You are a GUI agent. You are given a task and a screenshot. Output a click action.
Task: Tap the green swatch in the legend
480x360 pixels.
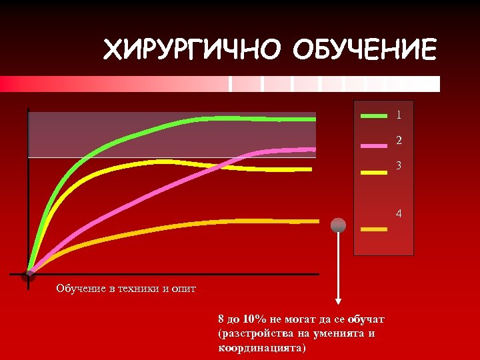pyautogui.click(x=373, y=115)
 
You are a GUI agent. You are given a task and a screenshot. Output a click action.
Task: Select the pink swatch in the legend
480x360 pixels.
pyautogui.click(x=373, y=144)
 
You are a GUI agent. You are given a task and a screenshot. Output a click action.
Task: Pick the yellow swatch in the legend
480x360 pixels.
pyautogui.click(x=373, y=172)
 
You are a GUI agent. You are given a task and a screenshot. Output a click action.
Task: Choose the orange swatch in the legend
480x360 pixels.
pyautogui.click(x=373, y=229)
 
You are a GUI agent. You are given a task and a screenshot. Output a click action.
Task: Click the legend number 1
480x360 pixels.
pyautogui.click(x=399, y=115)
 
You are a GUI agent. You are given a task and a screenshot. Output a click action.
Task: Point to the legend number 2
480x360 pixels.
pyautogui.click(x=399, y=141)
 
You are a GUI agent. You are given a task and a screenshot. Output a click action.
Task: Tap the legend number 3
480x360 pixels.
pyautogui.click(x=399, y=165)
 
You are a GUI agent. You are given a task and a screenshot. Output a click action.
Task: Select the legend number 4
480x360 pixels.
pyautogui.click(x=399, y=215)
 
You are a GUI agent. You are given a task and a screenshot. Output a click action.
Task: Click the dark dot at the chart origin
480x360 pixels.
pyautogui.click(x=27, y=275)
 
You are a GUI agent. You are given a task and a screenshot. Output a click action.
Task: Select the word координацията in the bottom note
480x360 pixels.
pyautogui.click(x=261, y=347)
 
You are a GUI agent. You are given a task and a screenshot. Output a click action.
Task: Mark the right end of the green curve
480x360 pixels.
pyautogui.click(x=315, y=119)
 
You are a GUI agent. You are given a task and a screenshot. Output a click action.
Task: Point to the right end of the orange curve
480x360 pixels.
pyautogui.click(x=318, y=221)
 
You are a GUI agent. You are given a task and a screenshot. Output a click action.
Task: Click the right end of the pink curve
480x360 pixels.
pyautogui.click(x=315, y=149)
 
